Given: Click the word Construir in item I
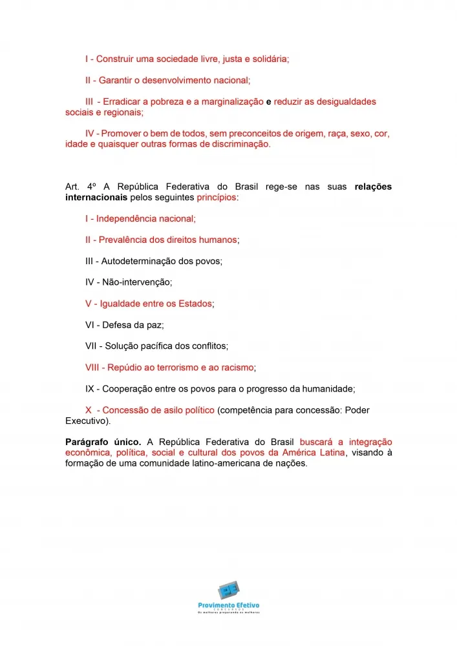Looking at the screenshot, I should point(118,59).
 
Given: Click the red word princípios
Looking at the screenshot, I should point(217,197).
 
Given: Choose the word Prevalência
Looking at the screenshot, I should point(123,240).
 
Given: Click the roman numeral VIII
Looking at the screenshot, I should point(92,368).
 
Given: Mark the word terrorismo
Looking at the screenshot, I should point(179,368).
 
